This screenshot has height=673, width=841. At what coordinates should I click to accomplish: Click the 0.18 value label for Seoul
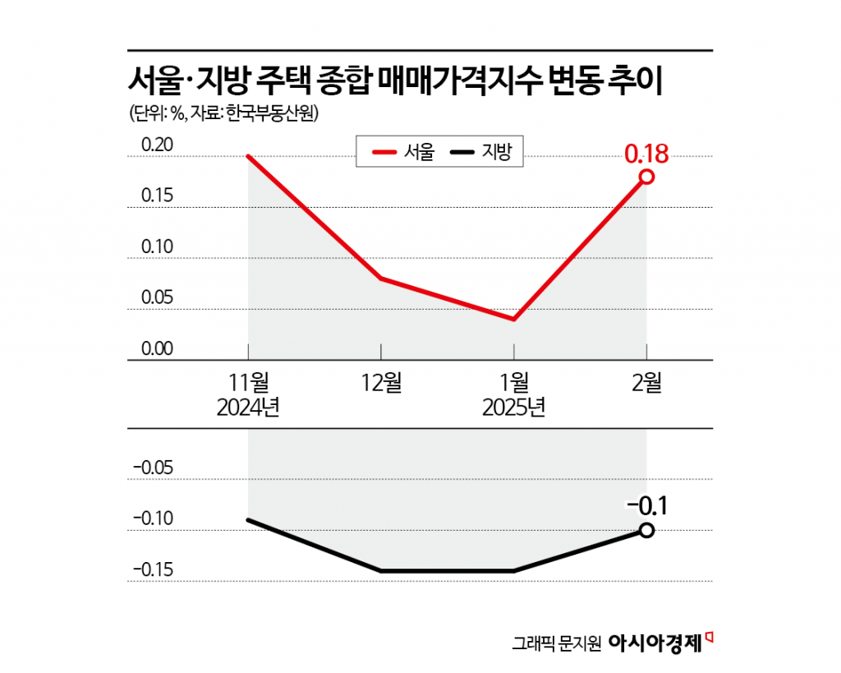pyautogui.click(x=646, y=154)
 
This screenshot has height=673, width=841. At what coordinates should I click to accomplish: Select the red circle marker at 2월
pyautogui.click(x=646, y=177)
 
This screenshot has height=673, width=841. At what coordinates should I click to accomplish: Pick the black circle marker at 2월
pyautogui.click(x=646, y=530)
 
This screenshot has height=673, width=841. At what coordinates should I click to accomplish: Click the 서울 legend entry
pyautogui.click(x=402, y=152)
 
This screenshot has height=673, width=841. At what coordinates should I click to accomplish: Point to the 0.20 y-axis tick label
pyautogui.click(x=157, y=145)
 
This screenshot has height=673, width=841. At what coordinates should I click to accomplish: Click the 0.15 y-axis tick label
pyautogui.click(x=157, y=196)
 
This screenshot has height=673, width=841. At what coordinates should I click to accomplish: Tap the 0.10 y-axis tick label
pyautogui.click(x=157, y=247)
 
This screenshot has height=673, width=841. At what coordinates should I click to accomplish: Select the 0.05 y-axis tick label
pyautogui.click(x=157, y=298)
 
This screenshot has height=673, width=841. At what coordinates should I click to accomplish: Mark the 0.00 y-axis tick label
pyautogui.click(x=157, y=348)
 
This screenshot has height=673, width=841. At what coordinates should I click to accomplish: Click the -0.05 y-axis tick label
pyautogui.click(x=153, y=468)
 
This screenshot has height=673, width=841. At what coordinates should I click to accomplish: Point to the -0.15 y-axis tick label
pyautogui.click(x=153, y=569)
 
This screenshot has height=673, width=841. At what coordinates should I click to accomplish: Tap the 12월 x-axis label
pyautogui.click(x=381, y=381)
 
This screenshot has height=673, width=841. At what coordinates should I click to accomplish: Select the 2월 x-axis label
pyautogui.click(x=646, y=381)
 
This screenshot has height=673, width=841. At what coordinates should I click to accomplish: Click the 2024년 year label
pyautogui.click(x=248, y=407)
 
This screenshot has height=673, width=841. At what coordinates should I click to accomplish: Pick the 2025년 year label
pyautogui.click(x=514, y=407)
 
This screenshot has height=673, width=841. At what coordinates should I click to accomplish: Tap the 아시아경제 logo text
pyautogui.click(x=655, y=643)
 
